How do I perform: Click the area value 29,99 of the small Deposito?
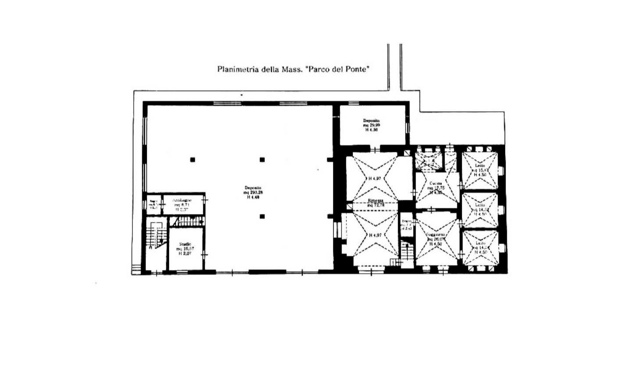[x=371, y=125]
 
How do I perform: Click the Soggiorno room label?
[x=436, y=235]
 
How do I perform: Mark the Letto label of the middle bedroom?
[x=480, y=205]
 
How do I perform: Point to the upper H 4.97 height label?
[x=375, y=179]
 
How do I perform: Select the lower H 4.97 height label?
[x=375, y=235]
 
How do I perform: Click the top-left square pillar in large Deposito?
[x=192, y=160]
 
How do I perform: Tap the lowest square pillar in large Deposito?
[x=262, y=216]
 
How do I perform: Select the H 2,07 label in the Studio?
[x=185, y=253]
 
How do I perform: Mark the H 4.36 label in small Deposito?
[x=371, y=130]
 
